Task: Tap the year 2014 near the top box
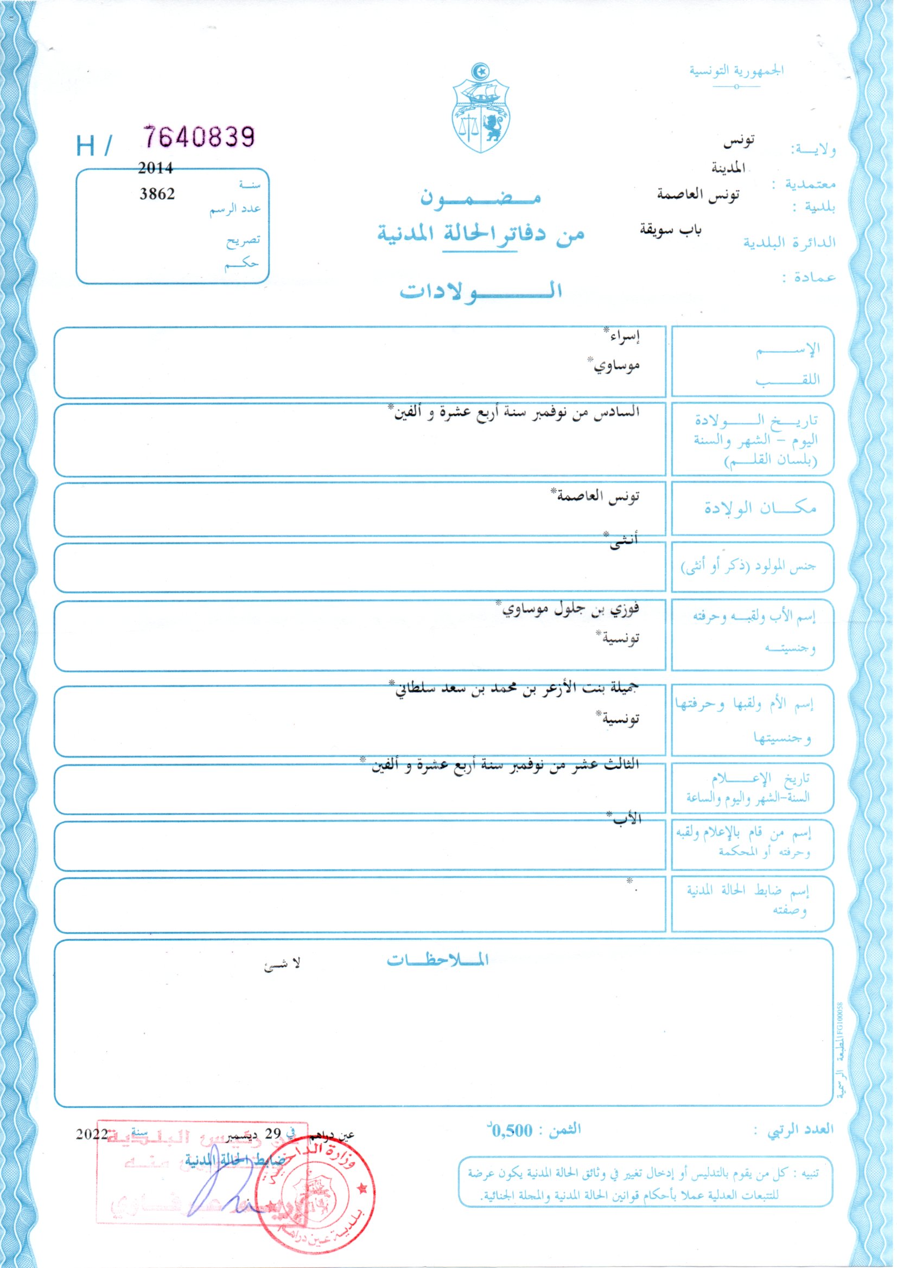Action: coord(155,168)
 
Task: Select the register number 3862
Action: coord(157,194)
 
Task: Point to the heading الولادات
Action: coord(481,290)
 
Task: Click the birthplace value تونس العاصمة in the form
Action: coord(595,495)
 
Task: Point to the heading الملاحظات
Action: coord(437,960)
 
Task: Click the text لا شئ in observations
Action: coord(282,964)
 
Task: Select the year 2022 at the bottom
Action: coord(92,1133)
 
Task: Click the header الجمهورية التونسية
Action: coord(736,71)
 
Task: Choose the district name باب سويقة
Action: coord(670,229)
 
